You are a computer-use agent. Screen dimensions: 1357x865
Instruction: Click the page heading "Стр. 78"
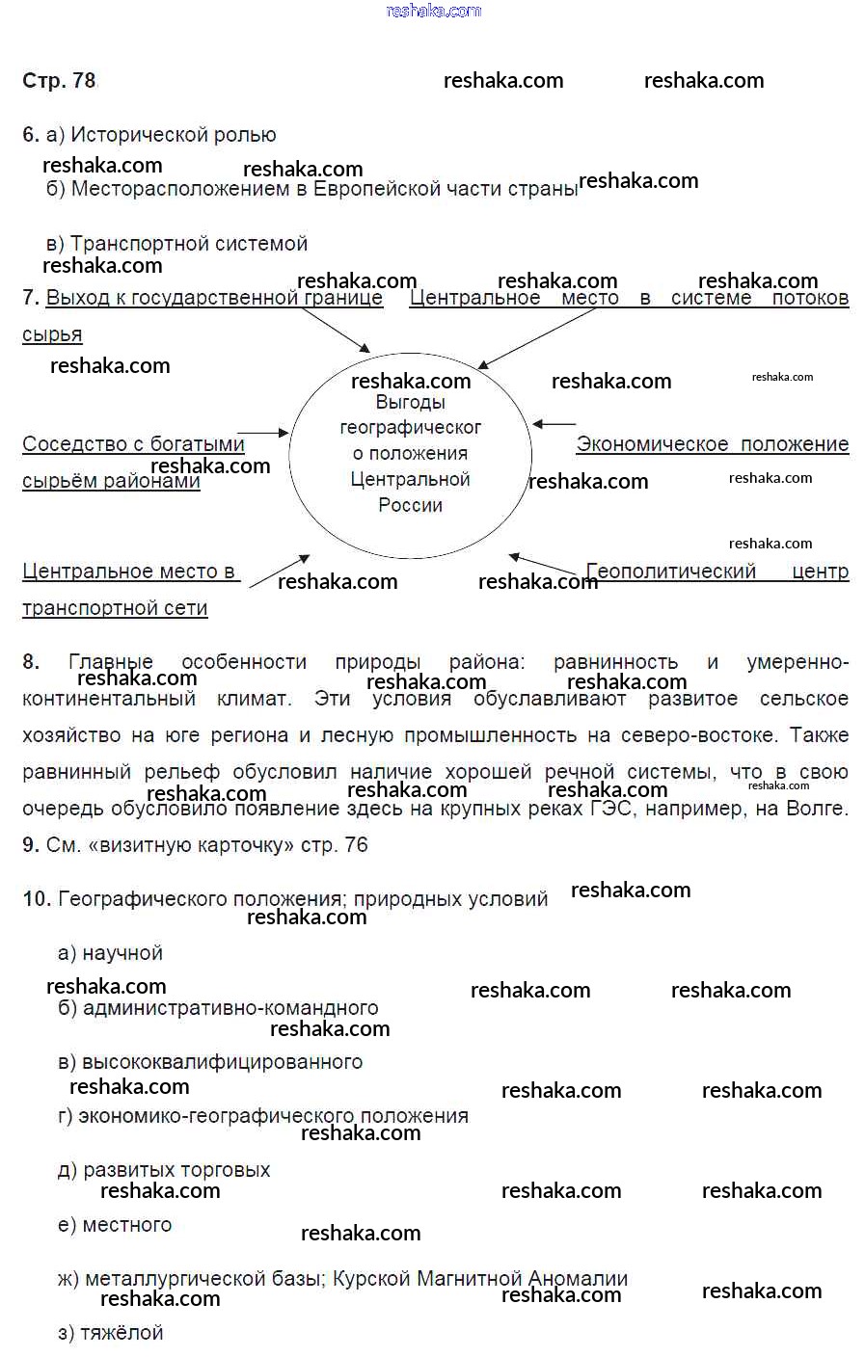coord(59,81)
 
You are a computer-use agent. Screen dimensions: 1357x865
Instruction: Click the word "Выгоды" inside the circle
coord(411,403)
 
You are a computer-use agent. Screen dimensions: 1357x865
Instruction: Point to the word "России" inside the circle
coord(411,506)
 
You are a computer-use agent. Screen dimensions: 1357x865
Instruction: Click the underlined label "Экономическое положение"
coord(712,444)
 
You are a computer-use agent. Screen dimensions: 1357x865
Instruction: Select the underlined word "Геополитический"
coord(672,572)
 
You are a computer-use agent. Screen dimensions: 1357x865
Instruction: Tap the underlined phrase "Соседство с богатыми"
coord(133,444)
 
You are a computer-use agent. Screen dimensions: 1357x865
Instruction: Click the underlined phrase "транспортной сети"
coord(115,608)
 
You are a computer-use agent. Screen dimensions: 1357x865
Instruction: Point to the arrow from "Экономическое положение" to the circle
coord(554,424)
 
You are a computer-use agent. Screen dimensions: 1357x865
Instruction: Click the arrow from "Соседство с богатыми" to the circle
coord(263,434)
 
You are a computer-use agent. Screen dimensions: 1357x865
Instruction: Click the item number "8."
coord(31,662)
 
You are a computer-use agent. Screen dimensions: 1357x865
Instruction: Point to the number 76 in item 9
coord(356,845)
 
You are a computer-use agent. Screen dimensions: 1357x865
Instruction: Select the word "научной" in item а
coord(122,953)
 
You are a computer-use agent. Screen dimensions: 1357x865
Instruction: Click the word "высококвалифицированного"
coord(223,1062)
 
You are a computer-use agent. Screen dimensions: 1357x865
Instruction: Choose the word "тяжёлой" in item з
coord(122,1333)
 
